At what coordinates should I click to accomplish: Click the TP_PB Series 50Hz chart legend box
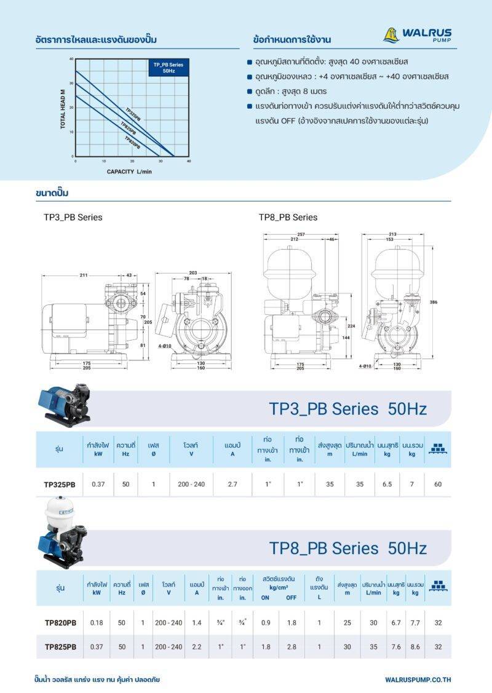168,68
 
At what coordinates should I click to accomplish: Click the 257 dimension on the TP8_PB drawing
301,234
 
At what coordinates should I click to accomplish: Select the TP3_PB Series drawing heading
73,217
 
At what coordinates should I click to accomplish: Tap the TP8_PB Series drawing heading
288,217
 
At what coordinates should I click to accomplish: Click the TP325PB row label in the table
60,484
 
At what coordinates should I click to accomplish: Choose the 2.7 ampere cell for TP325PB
232,484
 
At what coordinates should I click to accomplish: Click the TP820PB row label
60,623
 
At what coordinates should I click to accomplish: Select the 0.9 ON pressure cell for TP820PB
266,623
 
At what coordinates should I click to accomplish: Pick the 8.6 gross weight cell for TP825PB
415,647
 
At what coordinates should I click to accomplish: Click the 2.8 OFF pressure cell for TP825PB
291,647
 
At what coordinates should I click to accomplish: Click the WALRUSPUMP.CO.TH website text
418,679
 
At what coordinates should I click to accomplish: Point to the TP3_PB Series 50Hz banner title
347,409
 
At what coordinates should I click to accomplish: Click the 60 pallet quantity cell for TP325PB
437,484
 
